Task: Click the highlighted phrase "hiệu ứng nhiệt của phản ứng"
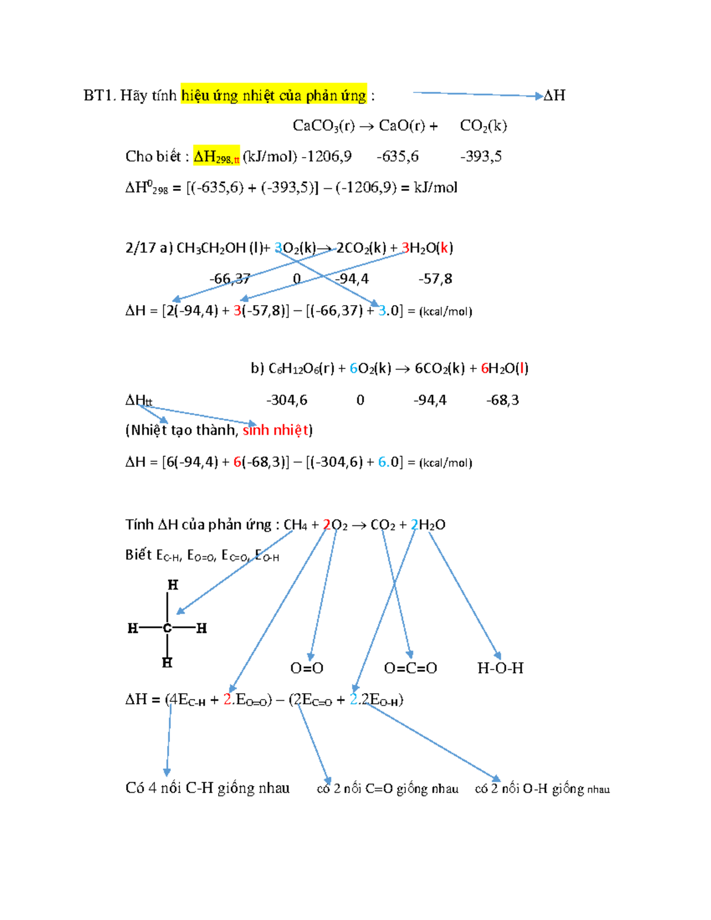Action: [274, 95]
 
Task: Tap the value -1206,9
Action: [326, 156]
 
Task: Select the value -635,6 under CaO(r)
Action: [398, 156]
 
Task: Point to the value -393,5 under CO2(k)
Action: [481, 156]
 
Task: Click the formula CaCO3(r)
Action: [324, 126]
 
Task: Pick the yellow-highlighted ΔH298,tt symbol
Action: [216, 156]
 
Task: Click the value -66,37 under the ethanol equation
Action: [230, 278]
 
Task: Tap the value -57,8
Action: [435, 278]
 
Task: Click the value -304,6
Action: [287, 400]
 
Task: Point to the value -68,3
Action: [502, 400]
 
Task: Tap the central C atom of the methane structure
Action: [168, 629]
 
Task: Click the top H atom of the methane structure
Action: [173, 585]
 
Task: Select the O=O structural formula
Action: [307, 668]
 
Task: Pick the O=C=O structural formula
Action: [411, 668]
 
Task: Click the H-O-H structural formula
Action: [501, 668]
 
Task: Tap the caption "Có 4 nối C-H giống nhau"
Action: [207, 788]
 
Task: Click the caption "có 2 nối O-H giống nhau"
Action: [542, 789]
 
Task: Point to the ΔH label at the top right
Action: [554, 95]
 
